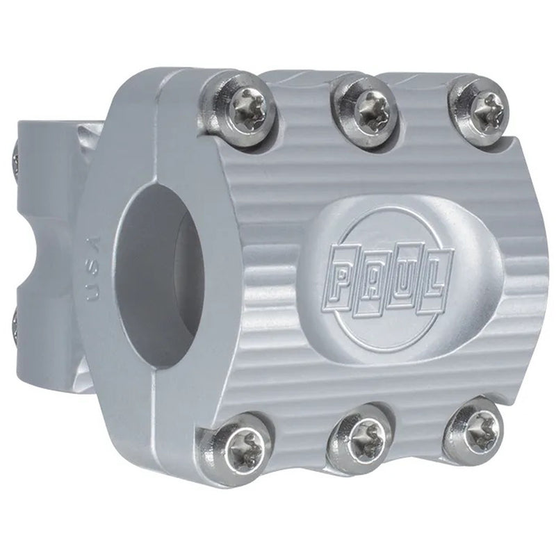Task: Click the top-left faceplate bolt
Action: coord(247,109)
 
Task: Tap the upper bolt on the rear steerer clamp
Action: coord(15,160)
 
